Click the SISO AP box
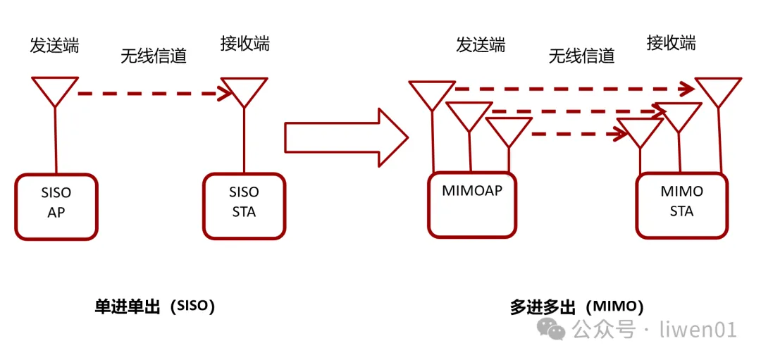[56, 206]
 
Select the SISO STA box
[244, 206]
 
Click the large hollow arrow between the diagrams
[345, 137]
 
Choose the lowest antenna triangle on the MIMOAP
[509, 130]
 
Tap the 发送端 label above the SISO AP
[54, 45]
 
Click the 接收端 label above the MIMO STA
[671, 43]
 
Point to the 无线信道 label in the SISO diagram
[153, 56]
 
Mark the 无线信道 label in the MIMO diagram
[581, 55]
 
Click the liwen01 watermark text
[698, 329]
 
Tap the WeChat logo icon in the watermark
[552, 328]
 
